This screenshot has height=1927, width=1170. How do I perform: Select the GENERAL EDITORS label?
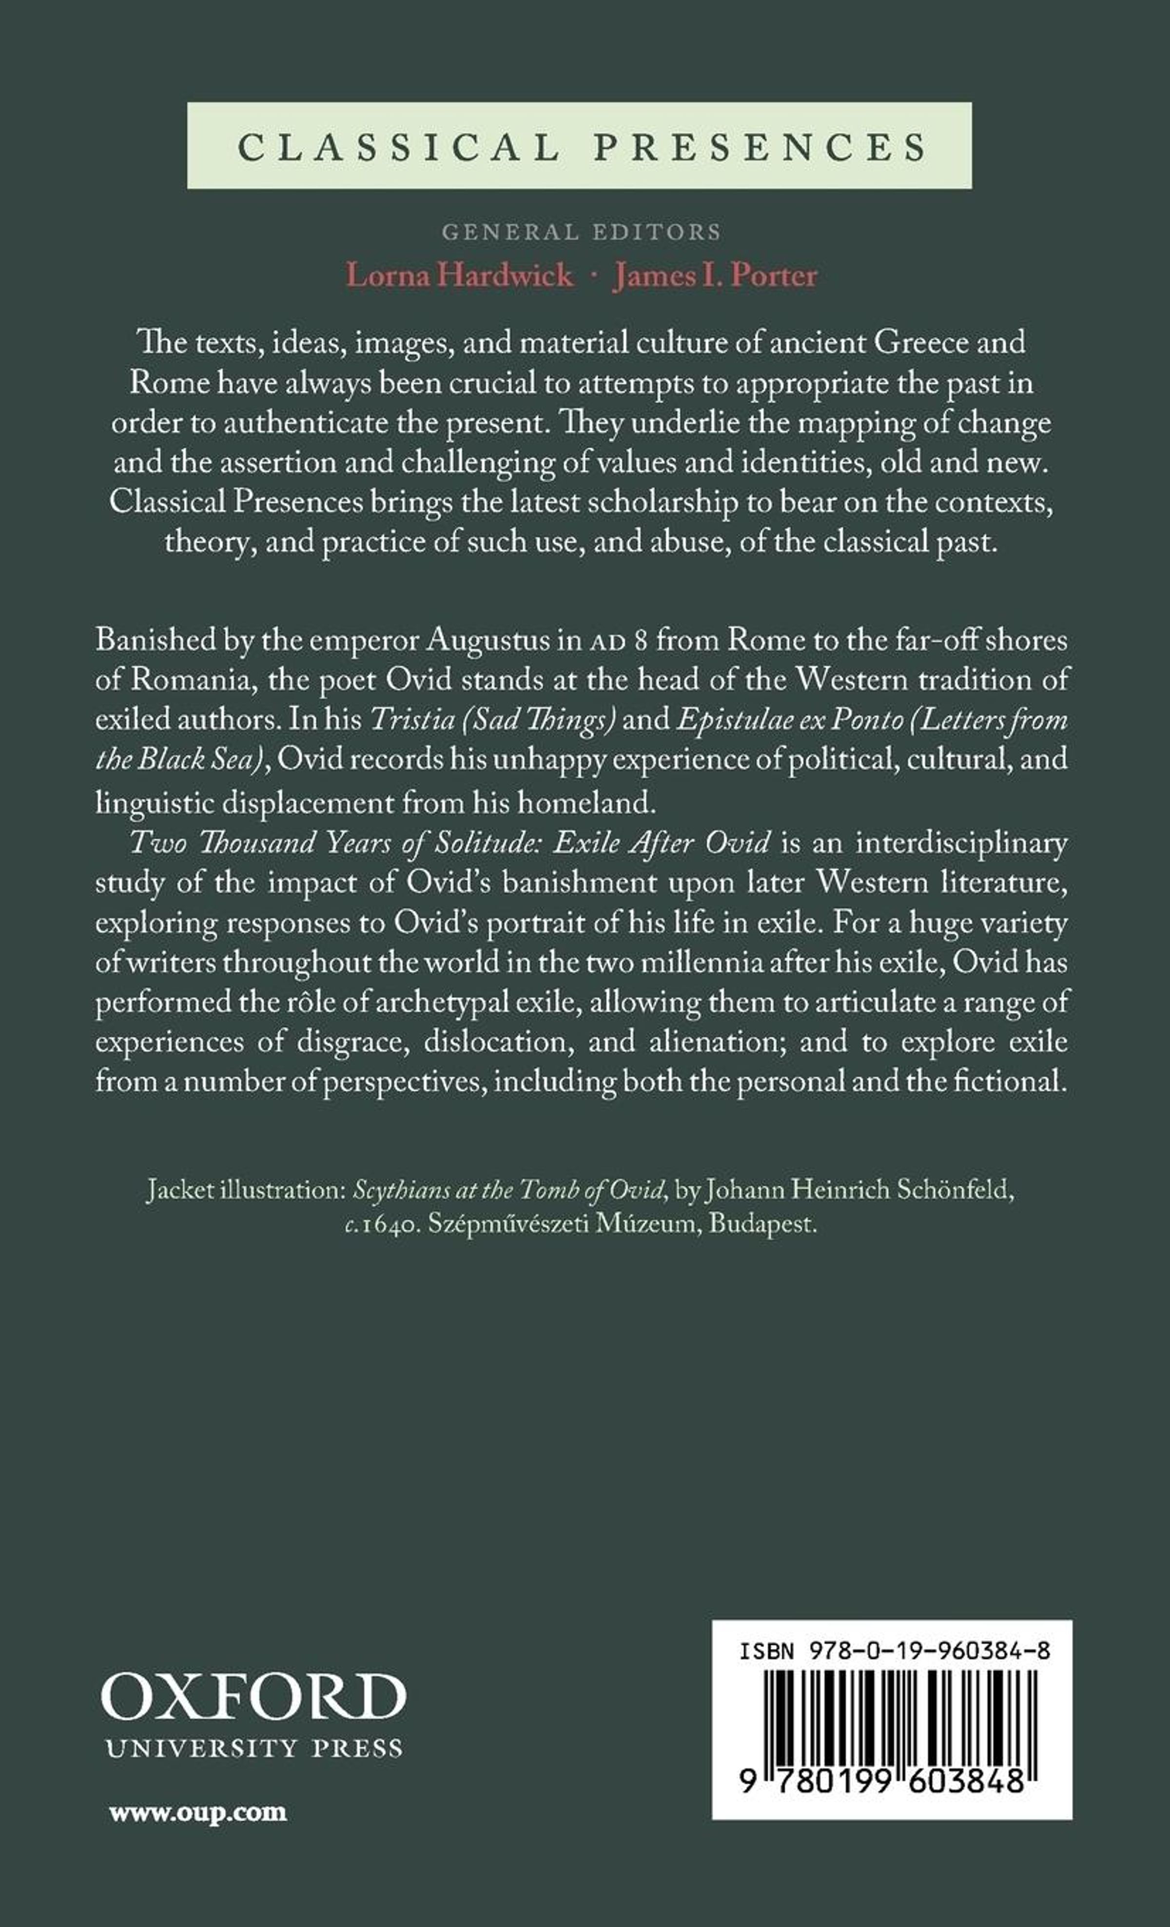point(580,232)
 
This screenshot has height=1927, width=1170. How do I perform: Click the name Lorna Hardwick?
point(459,275)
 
